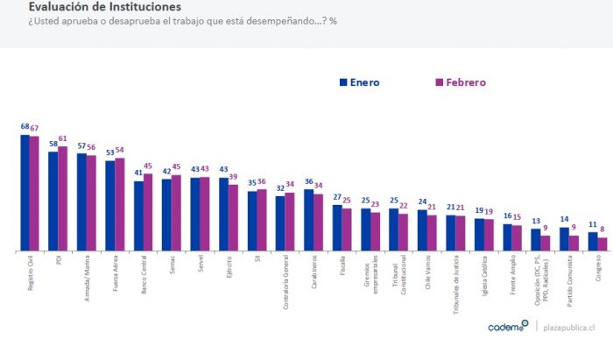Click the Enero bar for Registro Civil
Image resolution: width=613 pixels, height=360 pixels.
(25, 193)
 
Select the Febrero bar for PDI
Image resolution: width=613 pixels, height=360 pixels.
(63, 199)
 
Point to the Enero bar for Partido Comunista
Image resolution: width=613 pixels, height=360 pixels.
(564, 239)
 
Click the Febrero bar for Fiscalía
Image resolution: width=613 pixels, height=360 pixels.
(347, 229)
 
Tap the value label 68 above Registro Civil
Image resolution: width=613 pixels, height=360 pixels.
(25, 127)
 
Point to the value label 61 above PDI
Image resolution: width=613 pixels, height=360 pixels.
(63, 138)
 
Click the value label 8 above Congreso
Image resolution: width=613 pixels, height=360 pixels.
(602, 229)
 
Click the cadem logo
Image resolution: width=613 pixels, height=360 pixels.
(507, 327)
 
